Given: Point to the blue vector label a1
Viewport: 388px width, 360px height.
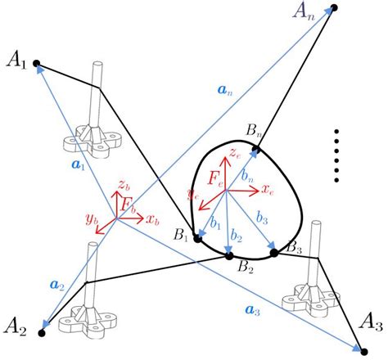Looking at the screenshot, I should pyautogui.click(x=78, y=164).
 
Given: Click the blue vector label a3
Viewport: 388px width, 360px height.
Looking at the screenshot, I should pyautogui.click(x=253, y=308).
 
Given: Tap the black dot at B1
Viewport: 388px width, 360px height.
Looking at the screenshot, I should pyautogui.click(x=197, y=237).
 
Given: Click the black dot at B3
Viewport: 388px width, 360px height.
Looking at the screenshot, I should pyautogui.click(x=274, y=252).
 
